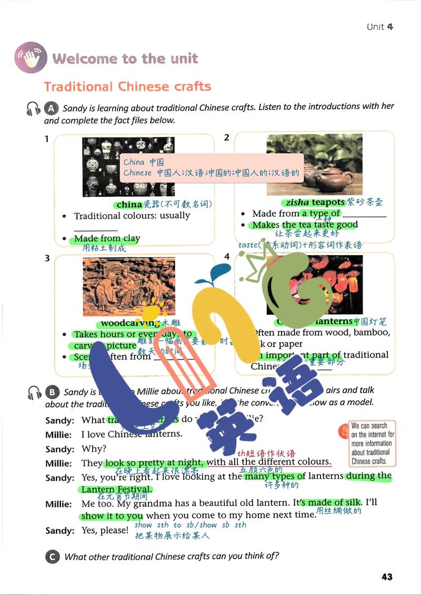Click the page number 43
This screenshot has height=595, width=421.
click(x=387, y=577)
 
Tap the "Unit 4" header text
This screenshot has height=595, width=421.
click(x=379, y=27)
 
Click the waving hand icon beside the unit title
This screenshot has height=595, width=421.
click(x=31, y=57)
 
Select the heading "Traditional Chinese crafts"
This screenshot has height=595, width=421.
click(x=127, y=86)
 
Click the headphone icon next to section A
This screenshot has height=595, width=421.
click(x=34, y=109)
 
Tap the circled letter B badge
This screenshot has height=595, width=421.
click(x=52, y=392)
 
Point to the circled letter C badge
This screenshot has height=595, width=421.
click(x=52, y=556)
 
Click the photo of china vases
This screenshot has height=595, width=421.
click(x=128, y=167)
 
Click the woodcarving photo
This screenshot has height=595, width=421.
click(x=128, y=287)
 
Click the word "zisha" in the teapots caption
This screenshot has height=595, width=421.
click(x=297, y=203)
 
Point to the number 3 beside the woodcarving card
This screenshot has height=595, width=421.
click(x=47, y=258)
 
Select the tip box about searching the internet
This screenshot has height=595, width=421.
click(x=372, y=443)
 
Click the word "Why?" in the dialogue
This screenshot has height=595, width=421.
click(x=94, y=449)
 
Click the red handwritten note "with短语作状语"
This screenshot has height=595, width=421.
click(x=266, y=453)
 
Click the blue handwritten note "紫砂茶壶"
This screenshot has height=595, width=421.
click(x=365, y=203)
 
